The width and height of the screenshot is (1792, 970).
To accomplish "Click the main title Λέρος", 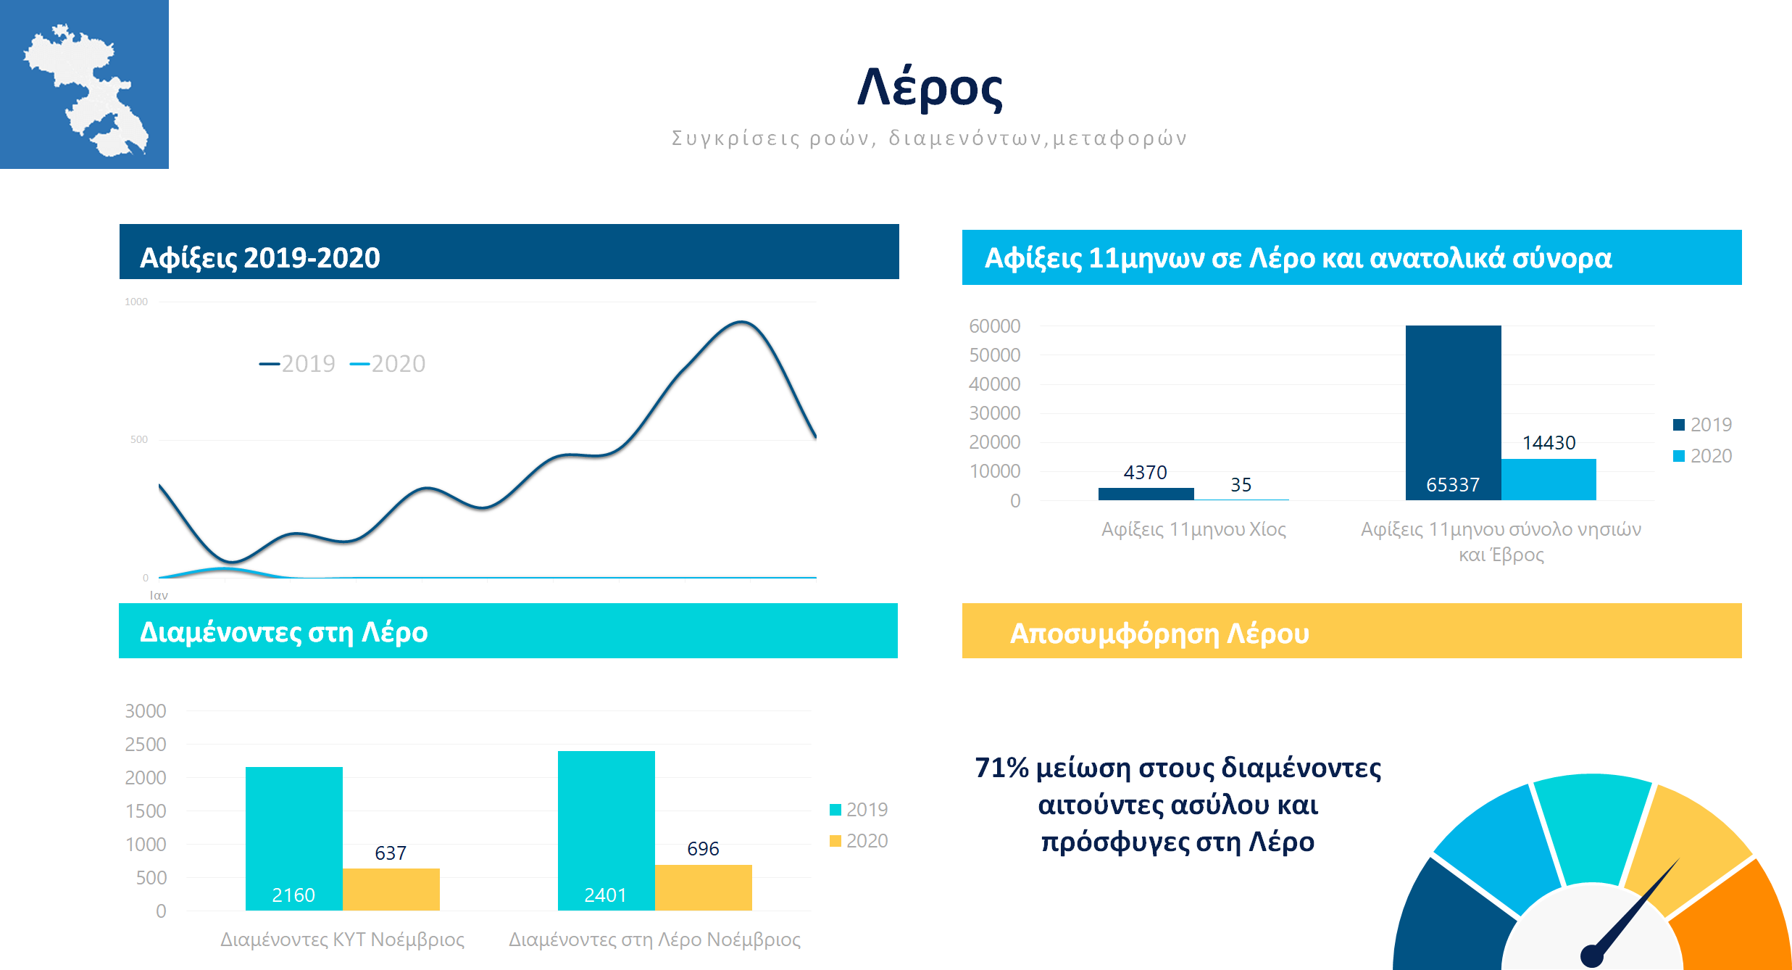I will pyautogui.click(x=930, y=88).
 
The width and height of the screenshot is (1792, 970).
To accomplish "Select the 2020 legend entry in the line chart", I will pyautogui.click(x=389, y=363).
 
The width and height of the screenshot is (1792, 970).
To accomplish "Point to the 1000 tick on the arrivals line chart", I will pyautogui.click(x=136, y=302).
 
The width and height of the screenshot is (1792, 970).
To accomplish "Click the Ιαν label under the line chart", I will pyautogui.click(x=159, y=595).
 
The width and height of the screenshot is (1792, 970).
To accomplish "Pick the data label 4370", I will pyautogui.click(x=1145, y=473).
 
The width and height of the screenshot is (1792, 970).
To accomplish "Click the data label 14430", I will pyautogui.click(x=1549, y=443).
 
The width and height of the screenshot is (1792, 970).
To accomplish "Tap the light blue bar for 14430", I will pyautogui.click(x=1549, y=479).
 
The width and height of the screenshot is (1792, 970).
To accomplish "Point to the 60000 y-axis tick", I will pyautogui.click(x=994, y=326).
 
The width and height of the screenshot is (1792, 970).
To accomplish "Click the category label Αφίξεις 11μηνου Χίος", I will pyautogui.click(x=1193, y=529).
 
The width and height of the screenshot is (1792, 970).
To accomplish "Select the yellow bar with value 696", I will pyautogui.click(x=703, y=887).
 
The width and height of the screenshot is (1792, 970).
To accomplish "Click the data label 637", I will pyautogui.click(x=391, y=853).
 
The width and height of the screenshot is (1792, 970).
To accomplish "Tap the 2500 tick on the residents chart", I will pyautogui.click(x=146, y=745).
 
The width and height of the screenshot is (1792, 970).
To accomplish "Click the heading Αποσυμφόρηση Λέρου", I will pyautogui.click(x=1159, y=634).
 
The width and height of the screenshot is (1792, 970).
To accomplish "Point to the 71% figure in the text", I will pyautogui.click(x=1001, y=768).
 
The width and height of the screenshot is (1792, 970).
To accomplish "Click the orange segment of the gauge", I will pyautogui.click(x=1739, y=921).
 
